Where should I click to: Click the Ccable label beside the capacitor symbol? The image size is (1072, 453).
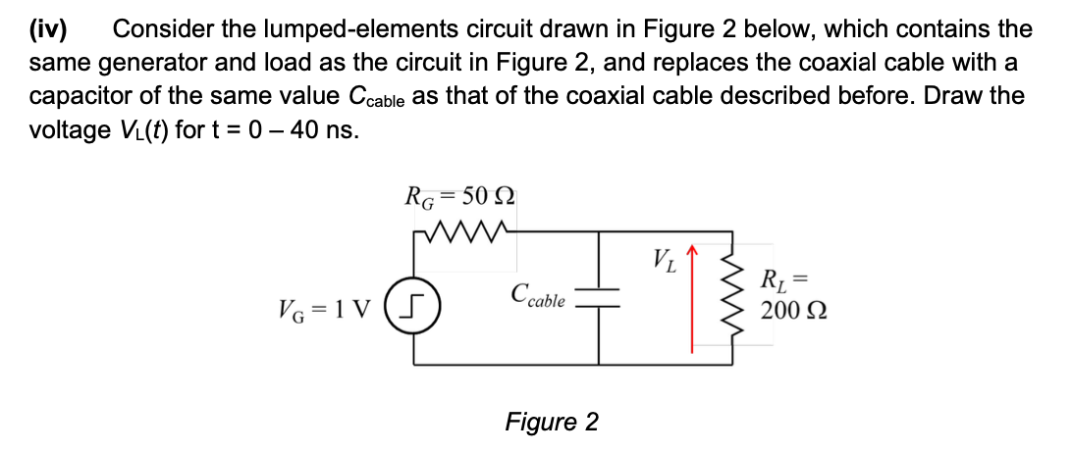click(x=538, y=296)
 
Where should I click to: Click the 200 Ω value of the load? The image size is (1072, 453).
click(x=789, y=311)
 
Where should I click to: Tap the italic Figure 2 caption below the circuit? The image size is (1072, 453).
click(x=551, y=422)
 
